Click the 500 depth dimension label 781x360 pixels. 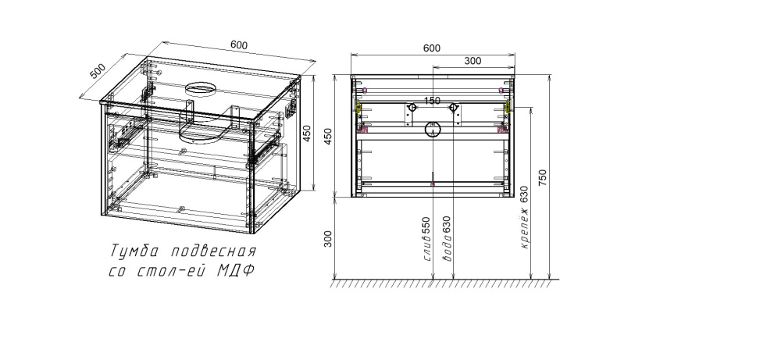[98, 71]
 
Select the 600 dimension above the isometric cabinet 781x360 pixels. [240, 45]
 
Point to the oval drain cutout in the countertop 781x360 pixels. [201, 87]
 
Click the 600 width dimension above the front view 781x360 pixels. [432, 48]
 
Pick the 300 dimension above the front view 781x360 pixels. [472, 61]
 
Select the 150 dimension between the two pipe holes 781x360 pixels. [432, 101]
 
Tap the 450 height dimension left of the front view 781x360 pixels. [328, 136]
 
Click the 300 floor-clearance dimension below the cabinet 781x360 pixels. [328, 237]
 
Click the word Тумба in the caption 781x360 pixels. [131, 252]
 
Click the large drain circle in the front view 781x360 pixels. [432, 130]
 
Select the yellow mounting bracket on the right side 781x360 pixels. [506, 105]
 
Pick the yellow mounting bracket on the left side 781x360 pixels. [358, 106]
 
